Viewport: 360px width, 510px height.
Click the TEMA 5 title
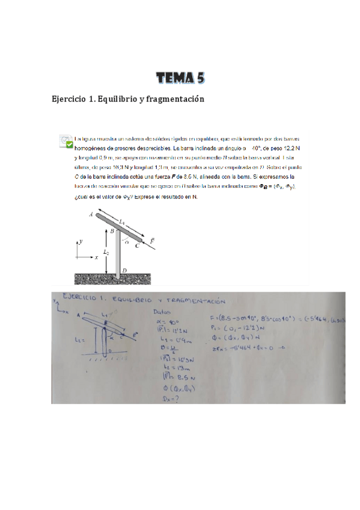(x=180, y=78)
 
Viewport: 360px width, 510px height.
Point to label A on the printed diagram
(x=90, y=214)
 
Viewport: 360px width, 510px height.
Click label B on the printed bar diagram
(x=112, y=230)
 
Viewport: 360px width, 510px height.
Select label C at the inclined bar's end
(x=138, y=245)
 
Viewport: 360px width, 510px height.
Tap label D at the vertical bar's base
(x=123, y=271)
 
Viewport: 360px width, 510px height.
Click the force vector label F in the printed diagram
(x=152, y=240)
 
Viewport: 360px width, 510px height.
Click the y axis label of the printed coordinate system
(x=81, y=241)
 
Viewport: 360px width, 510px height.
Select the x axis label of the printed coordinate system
(x=96, y=257)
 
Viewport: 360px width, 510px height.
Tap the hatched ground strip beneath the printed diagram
(x=112, y=279)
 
